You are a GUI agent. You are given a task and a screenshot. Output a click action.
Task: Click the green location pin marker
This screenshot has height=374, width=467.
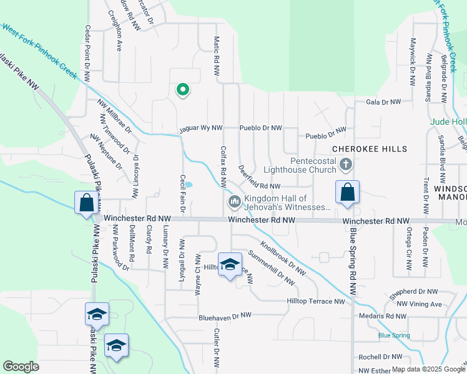tap(182, 90)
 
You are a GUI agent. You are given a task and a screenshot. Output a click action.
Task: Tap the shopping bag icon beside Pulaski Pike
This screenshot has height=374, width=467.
tap(86, 203)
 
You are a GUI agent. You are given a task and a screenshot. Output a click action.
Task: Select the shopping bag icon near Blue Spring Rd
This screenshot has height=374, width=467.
tap(347, 193)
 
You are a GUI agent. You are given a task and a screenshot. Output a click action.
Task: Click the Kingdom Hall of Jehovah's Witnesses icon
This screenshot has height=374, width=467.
tap(235, 201)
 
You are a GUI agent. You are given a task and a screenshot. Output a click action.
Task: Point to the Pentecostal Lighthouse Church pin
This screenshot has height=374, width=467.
tap(347, 165)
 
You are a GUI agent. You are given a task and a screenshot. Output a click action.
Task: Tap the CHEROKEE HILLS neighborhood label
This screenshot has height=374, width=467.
tap(369, 150)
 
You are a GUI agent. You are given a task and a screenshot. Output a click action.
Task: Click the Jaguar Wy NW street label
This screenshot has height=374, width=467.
tap(200, 128)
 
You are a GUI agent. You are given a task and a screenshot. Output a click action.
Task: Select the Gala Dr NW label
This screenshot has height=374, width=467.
tap(382, 102)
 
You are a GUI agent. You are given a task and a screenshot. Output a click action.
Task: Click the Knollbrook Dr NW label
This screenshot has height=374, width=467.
tap(283, 258)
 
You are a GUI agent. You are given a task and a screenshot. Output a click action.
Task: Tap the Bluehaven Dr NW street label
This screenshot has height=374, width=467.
tap(225, 317)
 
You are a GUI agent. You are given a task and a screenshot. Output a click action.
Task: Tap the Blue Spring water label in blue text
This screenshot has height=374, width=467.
tap(393, 335)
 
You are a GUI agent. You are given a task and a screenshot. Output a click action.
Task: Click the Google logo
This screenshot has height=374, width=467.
tap(21, 367)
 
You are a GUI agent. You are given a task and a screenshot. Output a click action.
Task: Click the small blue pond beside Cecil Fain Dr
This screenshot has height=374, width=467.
tap(188, 185)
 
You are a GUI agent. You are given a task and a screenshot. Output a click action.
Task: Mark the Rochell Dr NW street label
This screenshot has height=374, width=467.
tap(380, 357)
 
